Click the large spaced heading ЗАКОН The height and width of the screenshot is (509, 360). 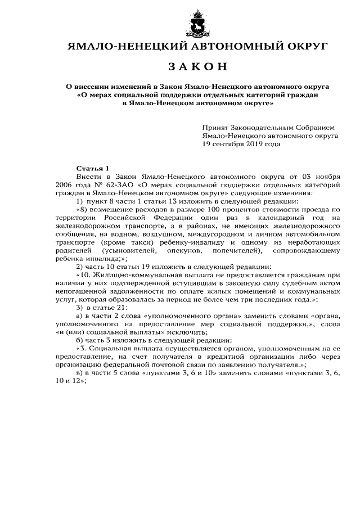(x=197, y=66)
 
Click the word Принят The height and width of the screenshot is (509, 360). (x=217, y=128)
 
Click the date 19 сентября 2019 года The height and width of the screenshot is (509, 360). (x=241, y=143)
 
